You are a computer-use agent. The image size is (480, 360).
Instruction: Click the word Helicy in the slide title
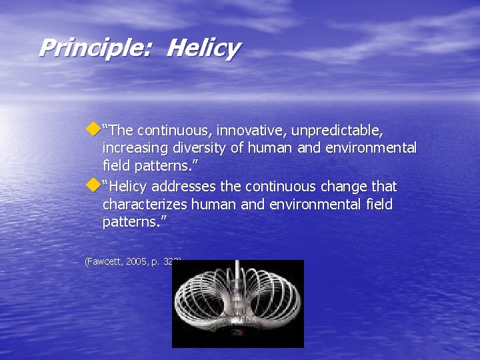pos(203,48)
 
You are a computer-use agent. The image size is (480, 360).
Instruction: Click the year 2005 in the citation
pos(141,262)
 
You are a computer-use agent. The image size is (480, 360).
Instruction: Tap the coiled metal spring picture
pos(237,304)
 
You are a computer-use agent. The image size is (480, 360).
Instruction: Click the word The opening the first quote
pos(121,130)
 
